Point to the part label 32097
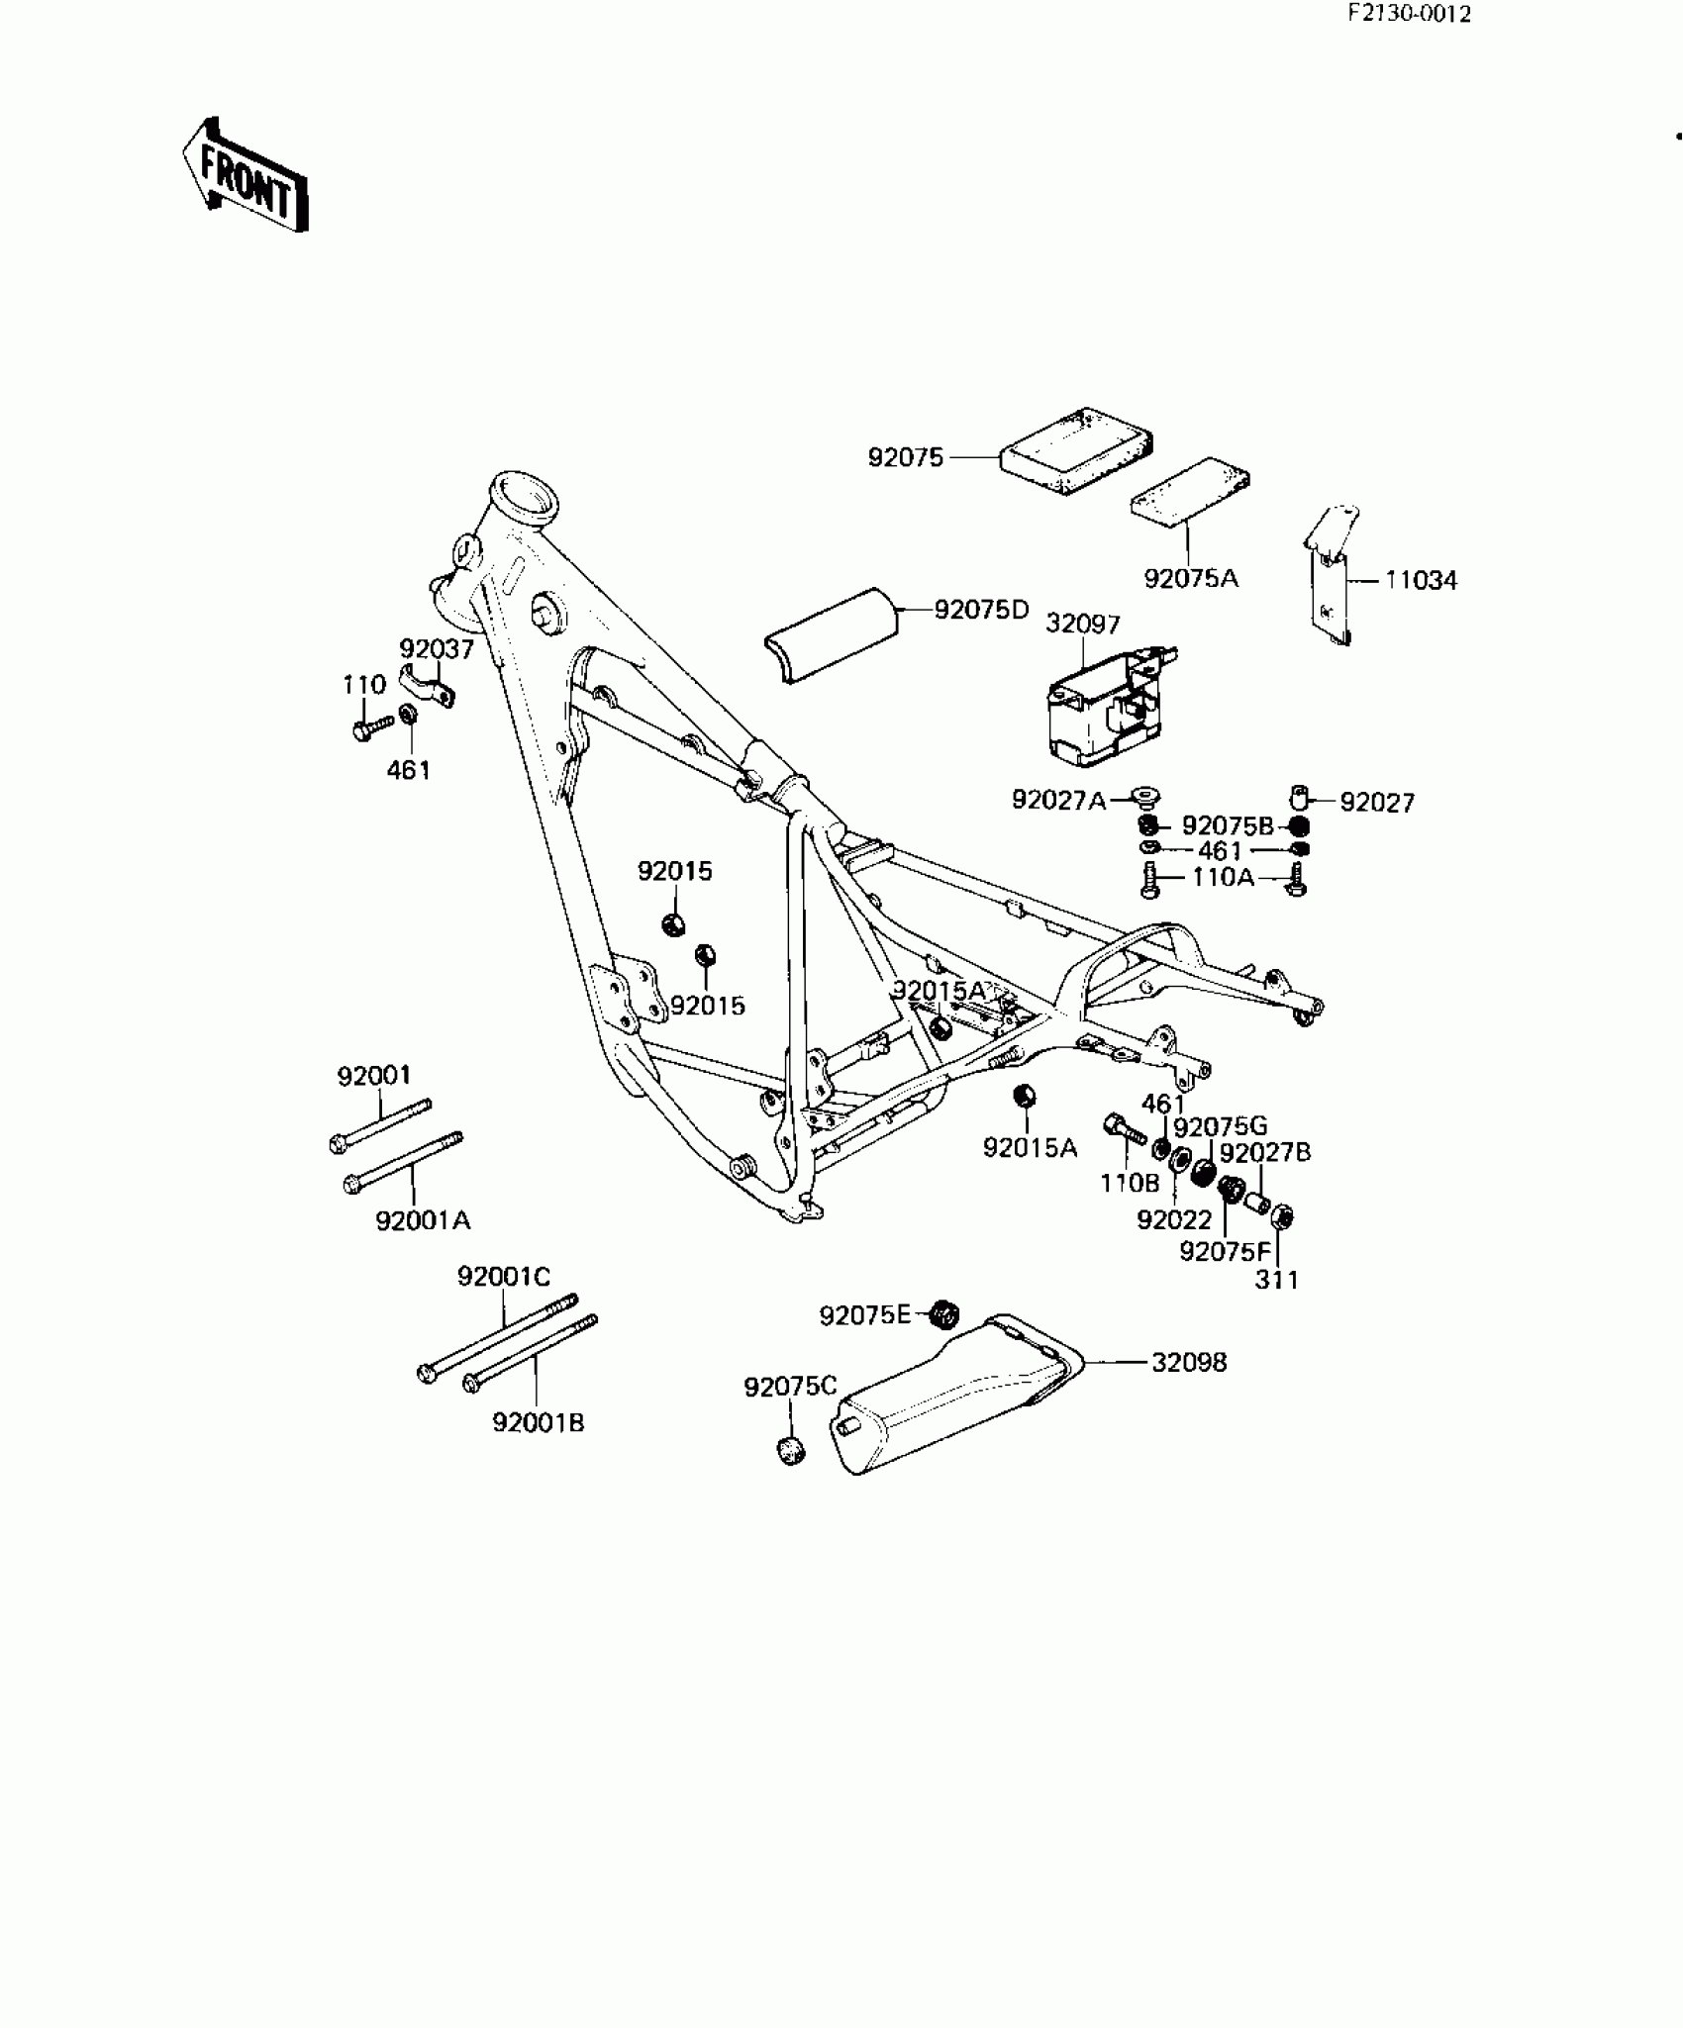1083,625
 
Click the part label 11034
1421,581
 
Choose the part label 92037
437,649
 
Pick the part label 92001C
503,1278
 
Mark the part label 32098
1189,1363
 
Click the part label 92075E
864,1315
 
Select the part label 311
1276,1280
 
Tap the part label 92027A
1058,800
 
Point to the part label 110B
1130,1183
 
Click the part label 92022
1174,1220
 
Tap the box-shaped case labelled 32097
1104,705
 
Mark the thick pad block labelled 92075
1076,449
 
